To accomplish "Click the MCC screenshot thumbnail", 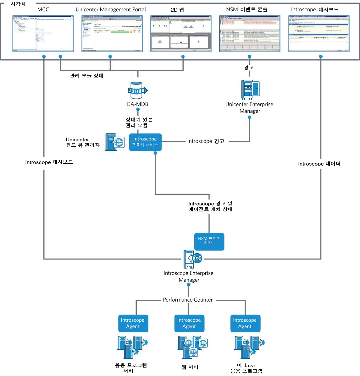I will [43, 33].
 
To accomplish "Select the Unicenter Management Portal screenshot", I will [112, 33].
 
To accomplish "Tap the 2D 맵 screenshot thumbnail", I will [181, 33].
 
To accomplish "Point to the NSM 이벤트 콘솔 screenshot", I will [250, 33].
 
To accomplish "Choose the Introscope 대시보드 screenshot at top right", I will [319, 33].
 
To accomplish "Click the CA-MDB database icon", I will [137, 91].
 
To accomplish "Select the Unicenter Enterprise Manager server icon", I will [250, 89].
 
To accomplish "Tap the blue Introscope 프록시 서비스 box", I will [145, 142].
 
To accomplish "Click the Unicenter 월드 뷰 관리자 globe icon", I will [114, 142].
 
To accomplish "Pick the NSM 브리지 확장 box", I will [209, 241].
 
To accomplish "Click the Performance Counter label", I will [188, 300].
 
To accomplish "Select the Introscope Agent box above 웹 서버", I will [189, 323].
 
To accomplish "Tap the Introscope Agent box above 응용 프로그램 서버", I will [133, 323].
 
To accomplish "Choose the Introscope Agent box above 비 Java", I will [245, 323].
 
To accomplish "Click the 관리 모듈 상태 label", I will [86, 76].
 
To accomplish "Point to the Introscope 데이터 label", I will [319, 164].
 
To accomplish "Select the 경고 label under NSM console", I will [249, 67].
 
